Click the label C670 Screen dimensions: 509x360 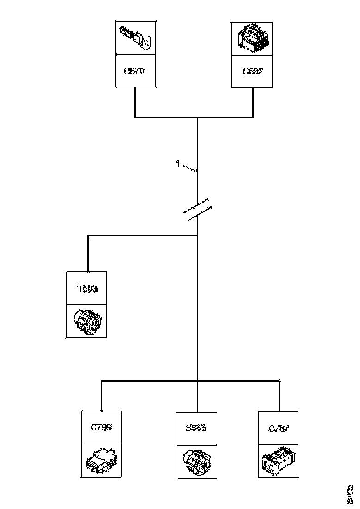pyautogui.click(x=135, y=71)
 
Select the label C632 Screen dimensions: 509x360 pyautogui.click(x=253, y=71)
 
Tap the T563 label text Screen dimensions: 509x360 pyautogui.click(x=87, y=289)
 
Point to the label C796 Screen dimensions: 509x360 pyautogui.click(x=101, y=428)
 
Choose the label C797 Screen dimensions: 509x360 pyautogui.click(x=279, y=428)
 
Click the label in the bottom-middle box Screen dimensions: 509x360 pyautogui.click(x=196, y=428)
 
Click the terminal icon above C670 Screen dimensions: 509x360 pyautogui.click(x=135, y=37)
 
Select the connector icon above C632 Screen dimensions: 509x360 pyautogui.click(x=252, y=37)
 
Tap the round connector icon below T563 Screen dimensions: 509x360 pyautogui.click(x=87, y=321)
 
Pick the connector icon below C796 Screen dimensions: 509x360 pyautogui.click(x=101, y=461)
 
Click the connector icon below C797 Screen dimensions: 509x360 pyautogui.click(x=279, y=461)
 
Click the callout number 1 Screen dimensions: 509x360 pyautogui.click(x=178, y=163)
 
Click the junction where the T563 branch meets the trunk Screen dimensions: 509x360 pyautogui.click(x=198, y=236)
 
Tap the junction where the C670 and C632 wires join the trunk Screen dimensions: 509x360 pyautogui.click(x=198, y=117)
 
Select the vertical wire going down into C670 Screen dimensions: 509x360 pyautogui.click(x=135, y=102)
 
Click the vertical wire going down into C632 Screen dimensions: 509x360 pyautogui.click(x=253, y=102)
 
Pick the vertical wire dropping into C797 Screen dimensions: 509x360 pyautogui.click(x=279, y=396)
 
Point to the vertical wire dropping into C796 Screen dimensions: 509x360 pyautogui.click(x=101, y=396)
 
